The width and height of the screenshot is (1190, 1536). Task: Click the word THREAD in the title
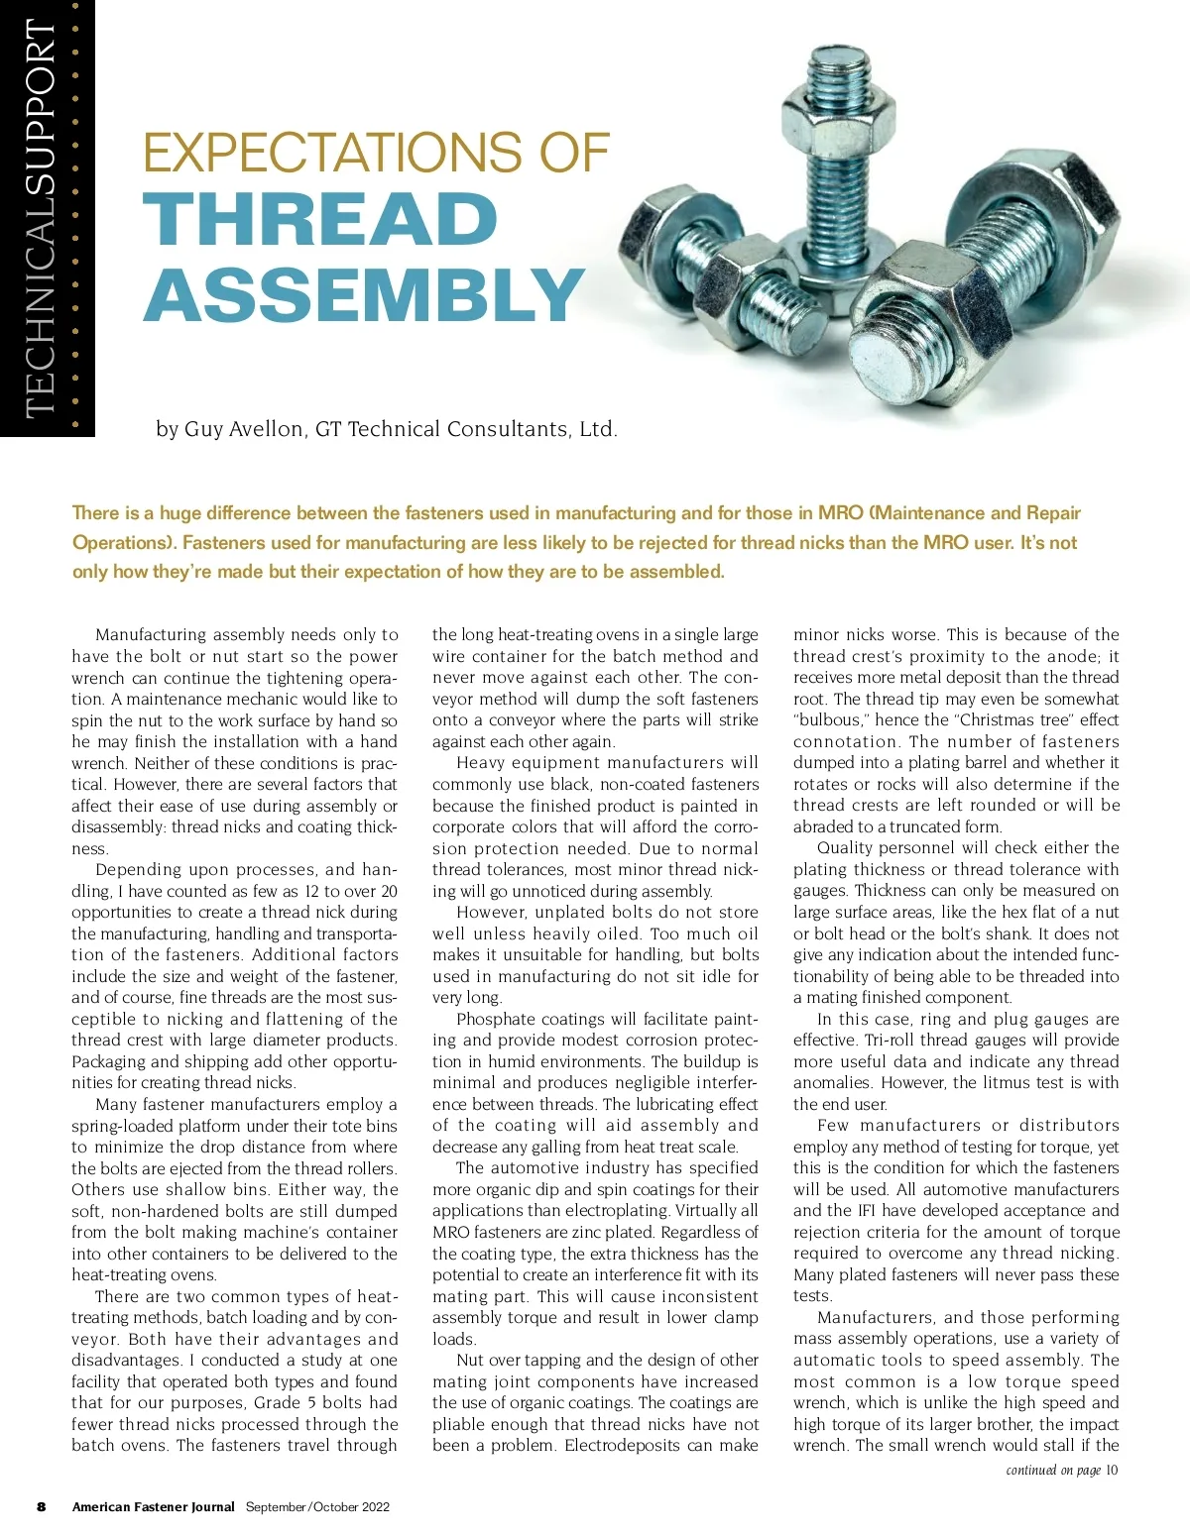click(320, 220)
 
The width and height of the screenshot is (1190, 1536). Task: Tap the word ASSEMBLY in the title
click(364, 295)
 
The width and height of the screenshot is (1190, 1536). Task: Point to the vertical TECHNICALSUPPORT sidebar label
click(41, 218)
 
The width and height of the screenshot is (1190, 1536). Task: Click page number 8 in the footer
click(41, 1507)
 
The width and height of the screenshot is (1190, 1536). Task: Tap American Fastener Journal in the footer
click(153, 1507)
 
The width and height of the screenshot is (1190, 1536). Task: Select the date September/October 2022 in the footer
click(317, 1507)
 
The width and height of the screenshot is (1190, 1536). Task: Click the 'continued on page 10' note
click(1061, 1470)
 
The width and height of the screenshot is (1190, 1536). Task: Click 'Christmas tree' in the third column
click(1011, 720)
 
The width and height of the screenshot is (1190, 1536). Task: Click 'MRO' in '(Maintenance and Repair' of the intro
click(840, 513)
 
